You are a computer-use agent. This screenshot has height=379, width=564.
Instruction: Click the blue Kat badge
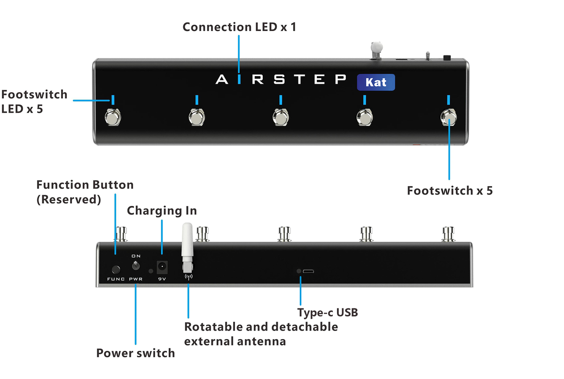(x=376, y=82)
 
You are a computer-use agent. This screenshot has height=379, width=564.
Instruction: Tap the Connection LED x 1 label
(x=239, y=27)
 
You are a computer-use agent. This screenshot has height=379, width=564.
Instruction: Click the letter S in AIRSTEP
(x=279, y=79)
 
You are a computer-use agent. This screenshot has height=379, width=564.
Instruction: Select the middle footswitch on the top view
(x=281, y=117)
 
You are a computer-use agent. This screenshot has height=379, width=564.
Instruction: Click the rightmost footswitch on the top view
(x=448, y=117)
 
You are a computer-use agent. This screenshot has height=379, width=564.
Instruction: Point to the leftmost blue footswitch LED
(x=113, y=100)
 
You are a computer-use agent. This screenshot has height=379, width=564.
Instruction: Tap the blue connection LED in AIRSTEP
(x=239, y=79)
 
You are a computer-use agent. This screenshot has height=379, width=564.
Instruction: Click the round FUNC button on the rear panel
(x=116, y=270)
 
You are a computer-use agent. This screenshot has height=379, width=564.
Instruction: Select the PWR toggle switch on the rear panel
(x=136, y=265)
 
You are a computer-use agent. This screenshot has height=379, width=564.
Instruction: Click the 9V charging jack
(x=162, y=267)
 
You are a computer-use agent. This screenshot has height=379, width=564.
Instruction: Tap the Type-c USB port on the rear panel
(x=308, y=271)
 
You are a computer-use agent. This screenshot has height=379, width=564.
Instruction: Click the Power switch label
(x=135, y=353)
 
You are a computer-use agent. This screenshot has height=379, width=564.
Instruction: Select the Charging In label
(x=162, y=211)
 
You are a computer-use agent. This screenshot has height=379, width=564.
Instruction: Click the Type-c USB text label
(x=328, y=313)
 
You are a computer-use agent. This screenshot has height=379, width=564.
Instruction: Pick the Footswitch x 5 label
(x=450, y=190)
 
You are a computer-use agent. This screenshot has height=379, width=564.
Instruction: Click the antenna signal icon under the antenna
(x=188, y=277)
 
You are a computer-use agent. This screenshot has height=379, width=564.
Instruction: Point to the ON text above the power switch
(x=136, y=256)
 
